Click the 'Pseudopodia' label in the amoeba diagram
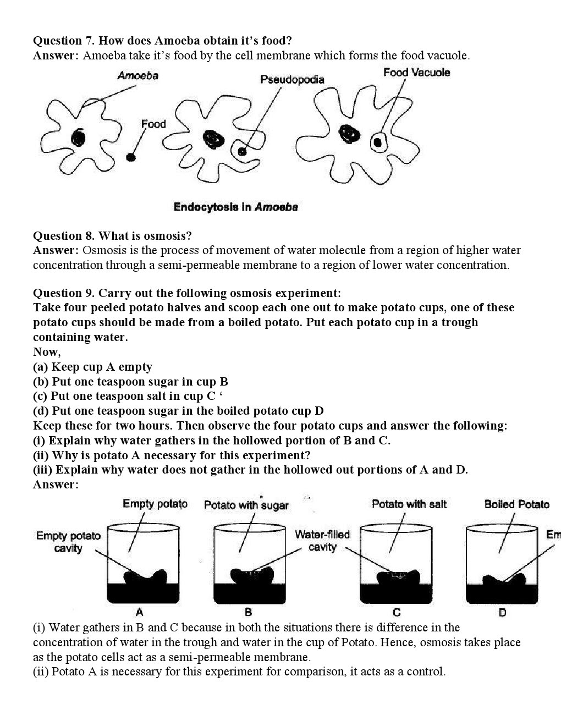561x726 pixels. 292,80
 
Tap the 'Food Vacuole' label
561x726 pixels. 416,73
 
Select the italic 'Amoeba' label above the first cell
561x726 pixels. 137,76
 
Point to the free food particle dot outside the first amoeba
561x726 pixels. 130,157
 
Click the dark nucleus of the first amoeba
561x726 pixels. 78,136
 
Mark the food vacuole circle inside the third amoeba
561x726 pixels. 377,142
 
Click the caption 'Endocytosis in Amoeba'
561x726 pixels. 235,207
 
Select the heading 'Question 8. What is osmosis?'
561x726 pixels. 112,236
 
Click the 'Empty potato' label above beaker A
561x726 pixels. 155,504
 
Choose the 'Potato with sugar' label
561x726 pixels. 246,505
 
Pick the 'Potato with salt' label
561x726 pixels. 409,504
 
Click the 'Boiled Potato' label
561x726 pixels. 516,504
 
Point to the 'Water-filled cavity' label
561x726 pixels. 322,541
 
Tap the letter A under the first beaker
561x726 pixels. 140,612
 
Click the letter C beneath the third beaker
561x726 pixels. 397,612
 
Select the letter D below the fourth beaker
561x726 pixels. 502,612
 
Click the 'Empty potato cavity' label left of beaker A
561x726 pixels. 68,542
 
